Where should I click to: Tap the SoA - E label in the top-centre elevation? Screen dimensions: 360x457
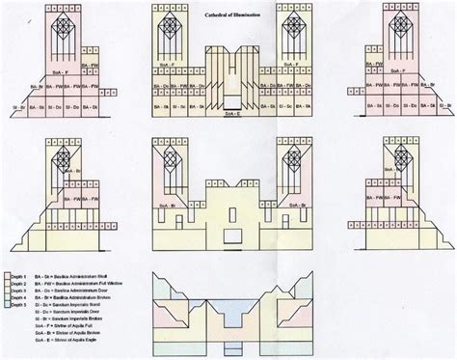coord(229,114)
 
